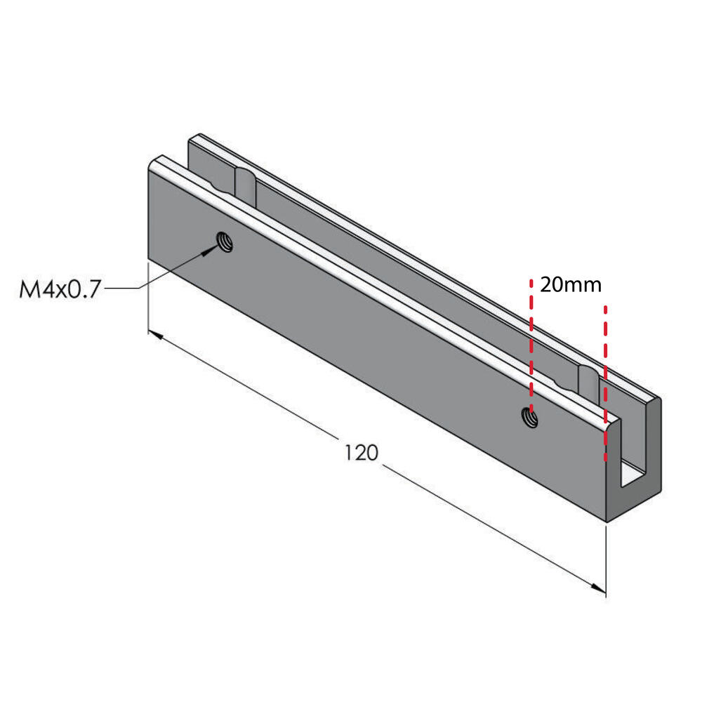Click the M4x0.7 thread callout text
click(x=60, y=289)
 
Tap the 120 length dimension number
click(x=362, y=453)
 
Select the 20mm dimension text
click(x=570, y=285)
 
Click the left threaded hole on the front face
click(x=225, y=241)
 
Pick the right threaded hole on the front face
click(x=530, y=417)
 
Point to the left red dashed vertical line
click(x=531, y=345)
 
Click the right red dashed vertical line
click(x=605, y=383)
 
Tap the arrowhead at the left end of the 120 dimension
click(x=155, y=334)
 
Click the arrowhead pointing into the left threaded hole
click(x=208, y=251)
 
